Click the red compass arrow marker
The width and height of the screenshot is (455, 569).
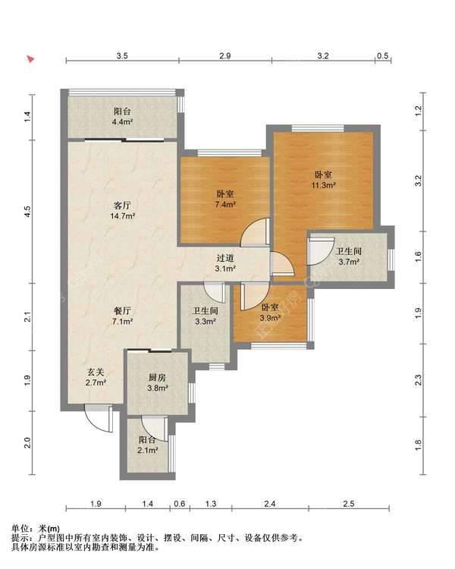(31, 58)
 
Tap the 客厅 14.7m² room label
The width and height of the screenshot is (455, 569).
(123, 210)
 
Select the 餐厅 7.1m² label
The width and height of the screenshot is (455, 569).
(122, 316)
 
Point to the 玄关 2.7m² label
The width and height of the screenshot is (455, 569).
(96, 376)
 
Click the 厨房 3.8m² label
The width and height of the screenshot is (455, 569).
(157, 382)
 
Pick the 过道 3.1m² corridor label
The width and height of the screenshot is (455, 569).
(225, 263)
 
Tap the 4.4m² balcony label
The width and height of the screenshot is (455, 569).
(122, 117)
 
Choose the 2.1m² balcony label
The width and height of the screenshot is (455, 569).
(148, 445)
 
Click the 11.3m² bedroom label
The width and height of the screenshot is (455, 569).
(323, 180)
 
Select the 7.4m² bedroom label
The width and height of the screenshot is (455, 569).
(225, 199)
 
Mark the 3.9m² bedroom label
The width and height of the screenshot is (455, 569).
(270, 313)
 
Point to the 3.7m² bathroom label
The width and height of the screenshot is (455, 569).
(349, 256)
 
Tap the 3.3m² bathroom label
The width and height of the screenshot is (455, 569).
(206, 316)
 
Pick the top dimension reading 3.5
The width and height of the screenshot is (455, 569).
(122, 55)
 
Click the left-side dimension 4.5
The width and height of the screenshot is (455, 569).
(27, 211)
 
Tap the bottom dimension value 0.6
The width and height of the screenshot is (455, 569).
(180, 504)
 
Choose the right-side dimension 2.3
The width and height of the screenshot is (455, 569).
(418, 380)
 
